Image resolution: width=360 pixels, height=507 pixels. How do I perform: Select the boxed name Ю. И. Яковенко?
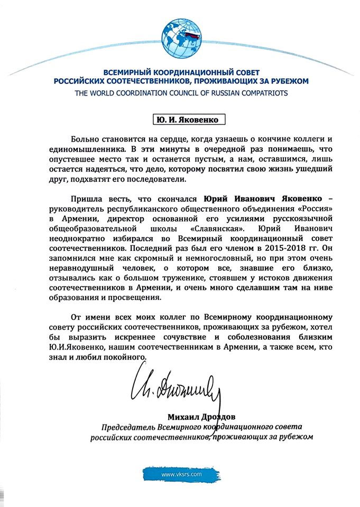[x=180, y=120]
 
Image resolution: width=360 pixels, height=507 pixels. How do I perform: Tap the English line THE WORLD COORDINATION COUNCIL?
[x=180, y=93]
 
